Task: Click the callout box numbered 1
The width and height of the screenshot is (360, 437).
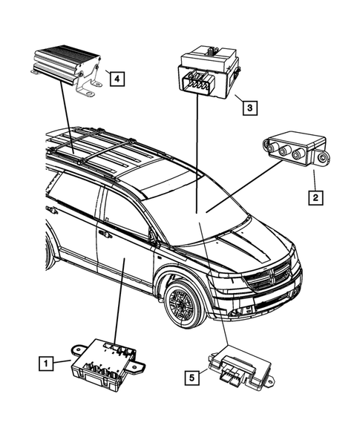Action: pos(46,363)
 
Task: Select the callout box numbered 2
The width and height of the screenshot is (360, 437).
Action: pos(315,197)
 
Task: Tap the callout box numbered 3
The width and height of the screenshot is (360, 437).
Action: pos(252,108)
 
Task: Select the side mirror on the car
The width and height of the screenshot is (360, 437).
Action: pos(154,237)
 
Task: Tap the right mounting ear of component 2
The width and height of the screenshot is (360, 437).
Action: pos(323,157)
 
